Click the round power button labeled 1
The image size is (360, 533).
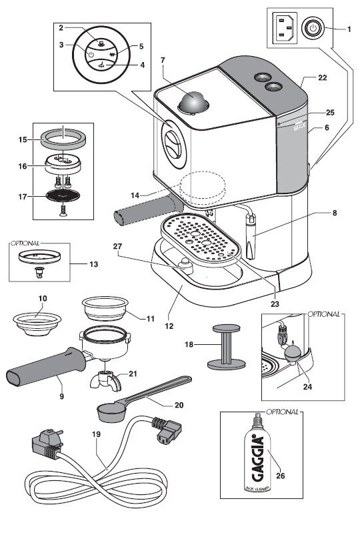pyautogui.click(x=312, y=28)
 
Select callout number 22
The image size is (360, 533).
pyautogui.click(x=321, y=78)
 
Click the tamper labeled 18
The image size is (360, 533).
pyautogui.click(x=224, y=346)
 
